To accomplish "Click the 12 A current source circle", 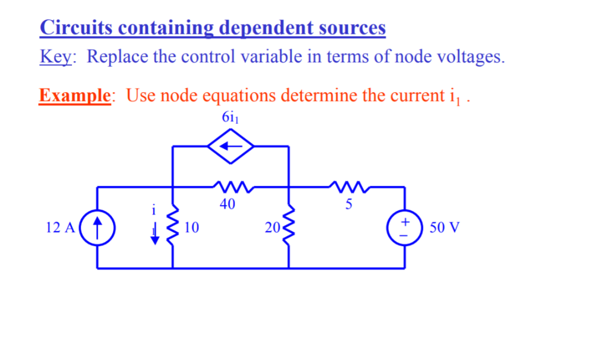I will tap(97, 228).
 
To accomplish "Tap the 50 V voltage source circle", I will tap(405, 228).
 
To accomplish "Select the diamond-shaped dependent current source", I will tap(230, 146).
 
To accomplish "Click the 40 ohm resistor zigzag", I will tap(230, 187).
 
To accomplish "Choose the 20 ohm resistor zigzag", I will tap(289, 227).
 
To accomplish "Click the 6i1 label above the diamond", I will tap(230, 117).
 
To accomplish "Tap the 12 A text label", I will tap(60, 228).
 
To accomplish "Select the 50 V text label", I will tap(445, 228).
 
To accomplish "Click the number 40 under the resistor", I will tap(227, 205).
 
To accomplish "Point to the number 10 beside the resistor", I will tap(191, 227).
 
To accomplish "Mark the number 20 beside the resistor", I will tap(271, 227).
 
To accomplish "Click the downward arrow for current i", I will tap(155, 235).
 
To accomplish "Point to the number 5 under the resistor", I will tap(349, 205).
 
